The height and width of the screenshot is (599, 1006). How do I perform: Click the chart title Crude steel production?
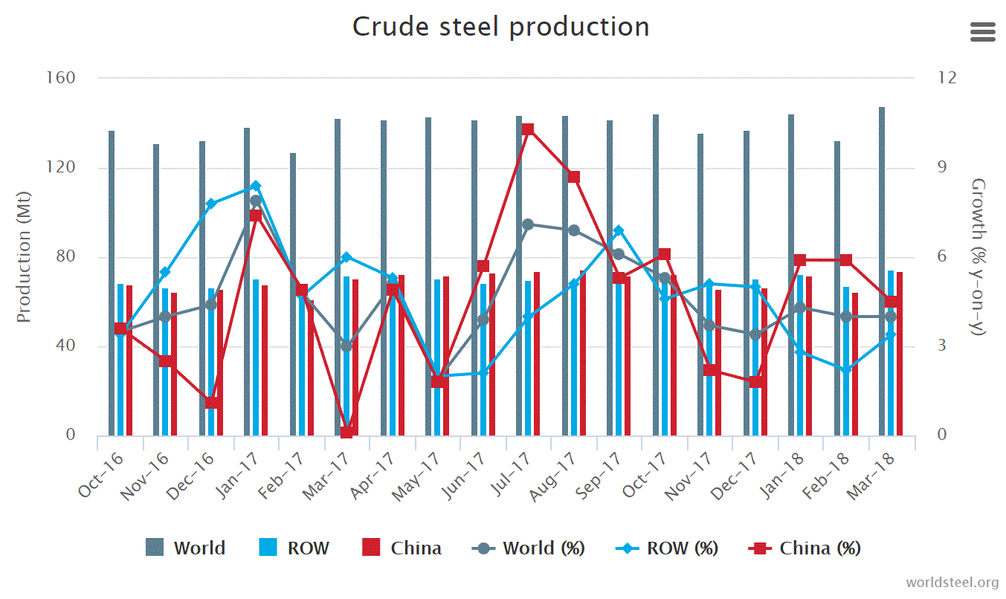[500, 27]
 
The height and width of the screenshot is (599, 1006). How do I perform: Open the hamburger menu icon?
[982, 32]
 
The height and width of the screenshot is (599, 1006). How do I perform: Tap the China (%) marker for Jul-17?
[528, 129]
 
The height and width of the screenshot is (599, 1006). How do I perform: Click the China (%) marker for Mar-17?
[346, 432]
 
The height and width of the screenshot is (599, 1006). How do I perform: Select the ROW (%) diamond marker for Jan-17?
[256, 186]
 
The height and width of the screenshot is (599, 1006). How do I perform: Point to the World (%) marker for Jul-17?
[528, 224]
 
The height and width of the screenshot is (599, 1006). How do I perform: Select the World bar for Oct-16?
[112, 282]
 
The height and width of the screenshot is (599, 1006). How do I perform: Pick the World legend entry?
[186, 548]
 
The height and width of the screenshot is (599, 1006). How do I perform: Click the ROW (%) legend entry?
[668, 548]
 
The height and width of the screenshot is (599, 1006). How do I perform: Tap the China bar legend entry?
[402, 548]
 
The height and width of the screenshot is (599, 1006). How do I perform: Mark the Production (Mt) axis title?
[24, 256]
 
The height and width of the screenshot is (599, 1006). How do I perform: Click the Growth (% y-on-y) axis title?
[978, 256]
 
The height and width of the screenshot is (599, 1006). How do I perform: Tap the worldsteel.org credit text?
[952, 582]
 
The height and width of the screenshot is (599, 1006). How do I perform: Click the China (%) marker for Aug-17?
[573, 177]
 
